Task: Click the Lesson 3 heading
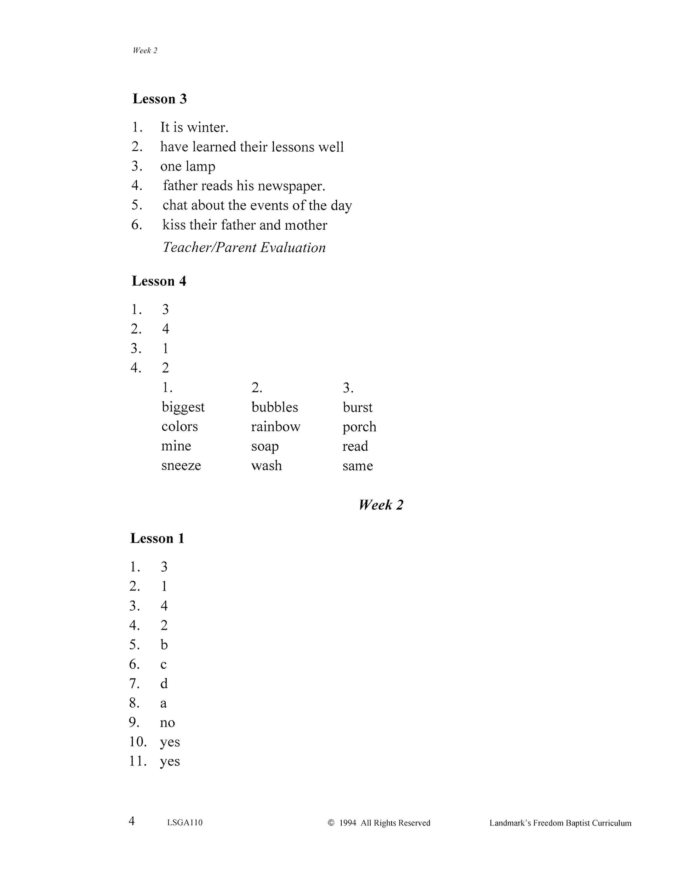click(x=160, y=99)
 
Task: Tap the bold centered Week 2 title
click(x=381, y=505)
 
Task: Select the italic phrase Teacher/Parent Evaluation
click(x=244, y=248)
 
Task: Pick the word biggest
click(x=183, y=407)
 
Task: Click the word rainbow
click(x=275, y=427)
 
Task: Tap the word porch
click(x=359, y=427)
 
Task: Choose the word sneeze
click(x=181, y=465)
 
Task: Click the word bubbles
click(x=275, y=407)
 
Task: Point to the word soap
click(x=265, y=446)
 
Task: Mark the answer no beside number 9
click(x=167, y=723)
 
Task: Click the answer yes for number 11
click(x=170, y=762)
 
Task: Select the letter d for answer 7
click(x=164, y=683)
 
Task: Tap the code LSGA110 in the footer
click(x=185, y=823)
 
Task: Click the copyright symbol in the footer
click(x=331, y=823)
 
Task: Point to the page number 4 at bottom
click(x=131, y=821)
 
